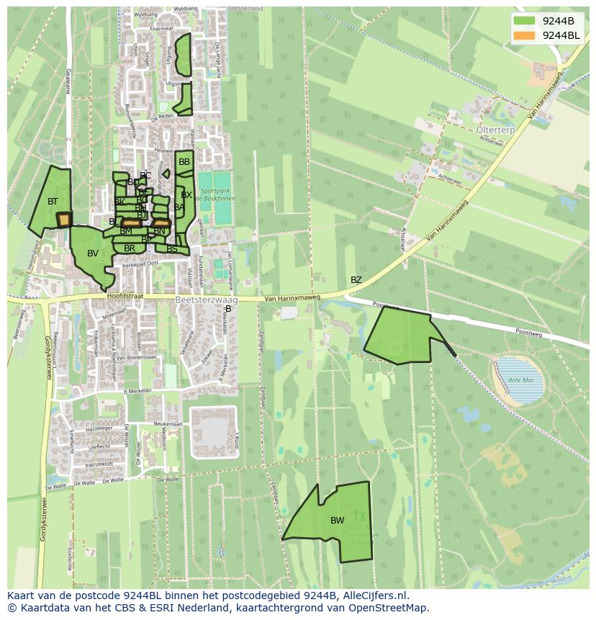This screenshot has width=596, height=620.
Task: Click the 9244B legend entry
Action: click(546, 20)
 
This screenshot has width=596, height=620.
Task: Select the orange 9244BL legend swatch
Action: click(524, 35)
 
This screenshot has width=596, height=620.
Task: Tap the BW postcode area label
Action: click(337, 521)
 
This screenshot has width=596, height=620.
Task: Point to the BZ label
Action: click(356, 280)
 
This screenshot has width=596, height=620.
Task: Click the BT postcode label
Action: click(53, 202)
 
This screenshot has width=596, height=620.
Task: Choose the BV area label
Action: click(92, 253)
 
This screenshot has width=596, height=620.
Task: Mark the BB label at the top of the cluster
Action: click(184, 163)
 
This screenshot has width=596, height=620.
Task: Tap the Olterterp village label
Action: click(496, 130)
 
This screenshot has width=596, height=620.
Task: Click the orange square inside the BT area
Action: click(65, 219)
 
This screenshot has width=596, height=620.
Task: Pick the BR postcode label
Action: click(130, 248)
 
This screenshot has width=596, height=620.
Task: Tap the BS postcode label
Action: click(172, 249)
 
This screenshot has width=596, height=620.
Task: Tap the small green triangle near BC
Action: click(166, 174)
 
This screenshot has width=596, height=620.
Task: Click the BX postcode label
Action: click(186, 195)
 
